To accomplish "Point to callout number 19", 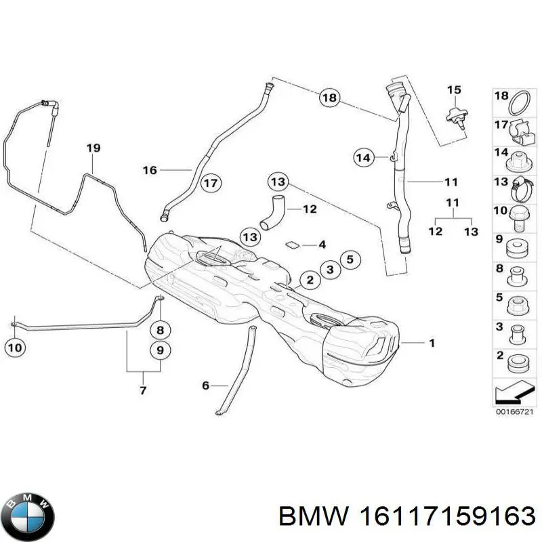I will tap(93, 148).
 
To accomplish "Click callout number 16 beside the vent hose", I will tap(149, 169).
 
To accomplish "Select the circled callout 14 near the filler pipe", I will tap(364, 158).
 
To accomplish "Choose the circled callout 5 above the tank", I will tap(349, 259).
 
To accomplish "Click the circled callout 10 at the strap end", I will tap(18, 348).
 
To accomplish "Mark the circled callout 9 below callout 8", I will tap(160, 350).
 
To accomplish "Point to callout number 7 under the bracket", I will tap(144, 391).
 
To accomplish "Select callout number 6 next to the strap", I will tap(206, 385).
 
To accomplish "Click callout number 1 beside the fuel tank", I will tap(431, 343).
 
